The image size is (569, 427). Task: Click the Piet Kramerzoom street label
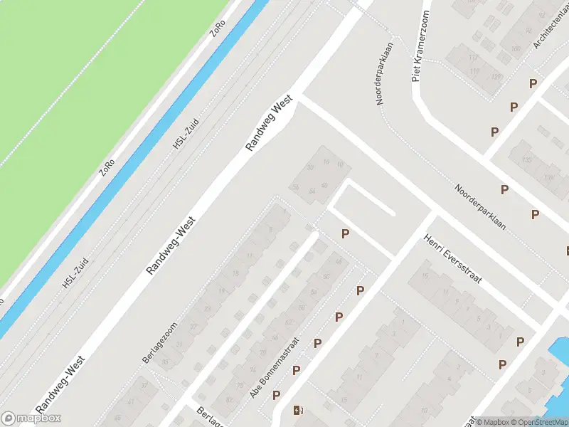coord(420,46)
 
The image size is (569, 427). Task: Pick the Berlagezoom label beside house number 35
coord(159,342)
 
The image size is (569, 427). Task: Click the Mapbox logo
coord(31,418)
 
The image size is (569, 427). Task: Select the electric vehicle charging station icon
coord(297,410)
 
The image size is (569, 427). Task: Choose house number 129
coord(496,76)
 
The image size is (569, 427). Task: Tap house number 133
coord(527,160)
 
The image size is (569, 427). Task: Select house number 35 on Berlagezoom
coord(165,363)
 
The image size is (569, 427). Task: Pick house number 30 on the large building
coord(310,168)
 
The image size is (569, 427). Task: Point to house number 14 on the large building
coord(326,163)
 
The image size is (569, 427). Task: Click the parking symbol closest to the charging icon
coord(276,395)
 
